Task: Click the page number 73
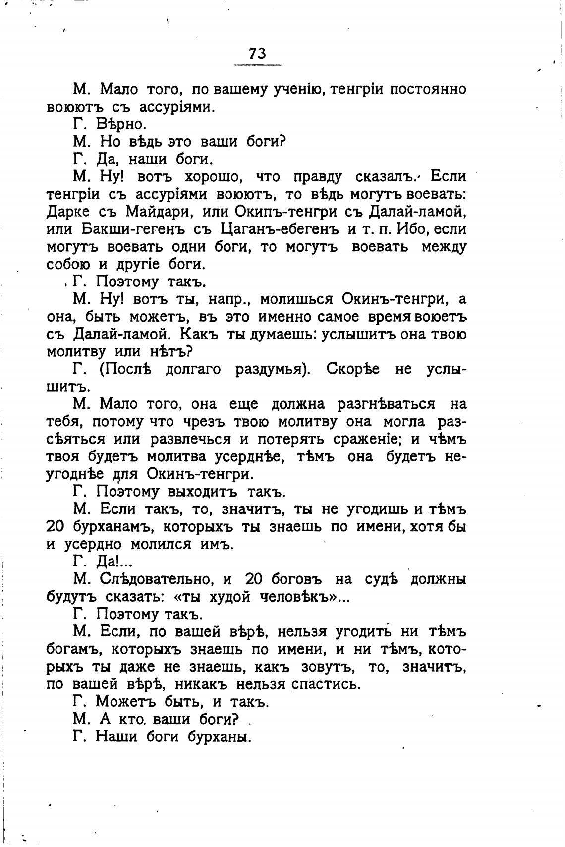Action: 258,54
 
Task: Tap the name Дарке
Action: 68,212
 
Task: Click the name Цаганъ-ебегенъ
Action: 280,229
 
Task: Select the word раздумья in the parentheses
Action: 268,369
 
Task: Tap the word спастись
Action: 326,684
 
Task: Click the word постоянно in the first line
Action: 427,89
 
